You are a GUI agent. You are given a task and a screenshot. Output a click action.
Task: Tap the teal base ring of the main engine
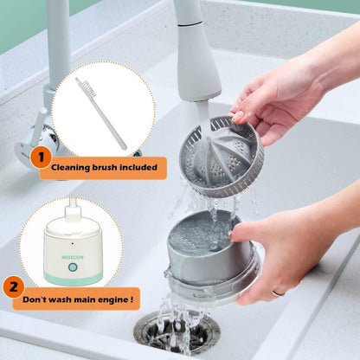74,276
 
